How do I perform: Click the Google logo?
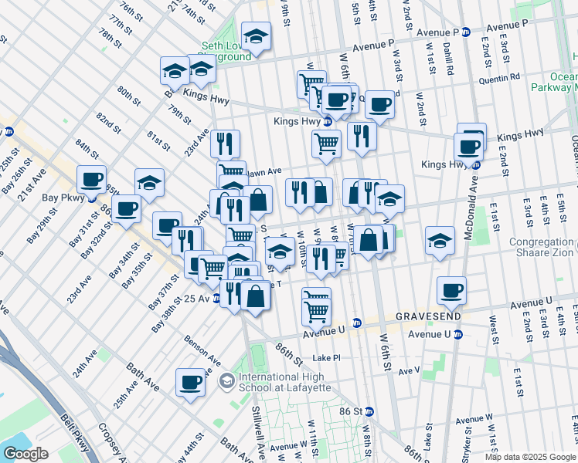[x=25, y=454]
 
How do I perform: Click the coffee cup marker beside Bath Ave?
[x=190, y=382]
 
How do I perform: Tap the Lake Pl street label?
[x=326, y=358]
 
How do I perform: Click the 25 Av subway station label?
[x=197, y=299]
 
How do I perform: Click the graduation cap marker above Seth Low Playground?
[x=255, y=35]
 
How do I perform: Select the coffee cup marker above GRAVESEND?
[x=451, y=290]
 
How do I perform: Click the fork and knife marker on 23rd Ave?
[x=225, y=143]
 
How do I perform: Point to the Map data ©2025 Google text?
[x=529, y=457]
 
